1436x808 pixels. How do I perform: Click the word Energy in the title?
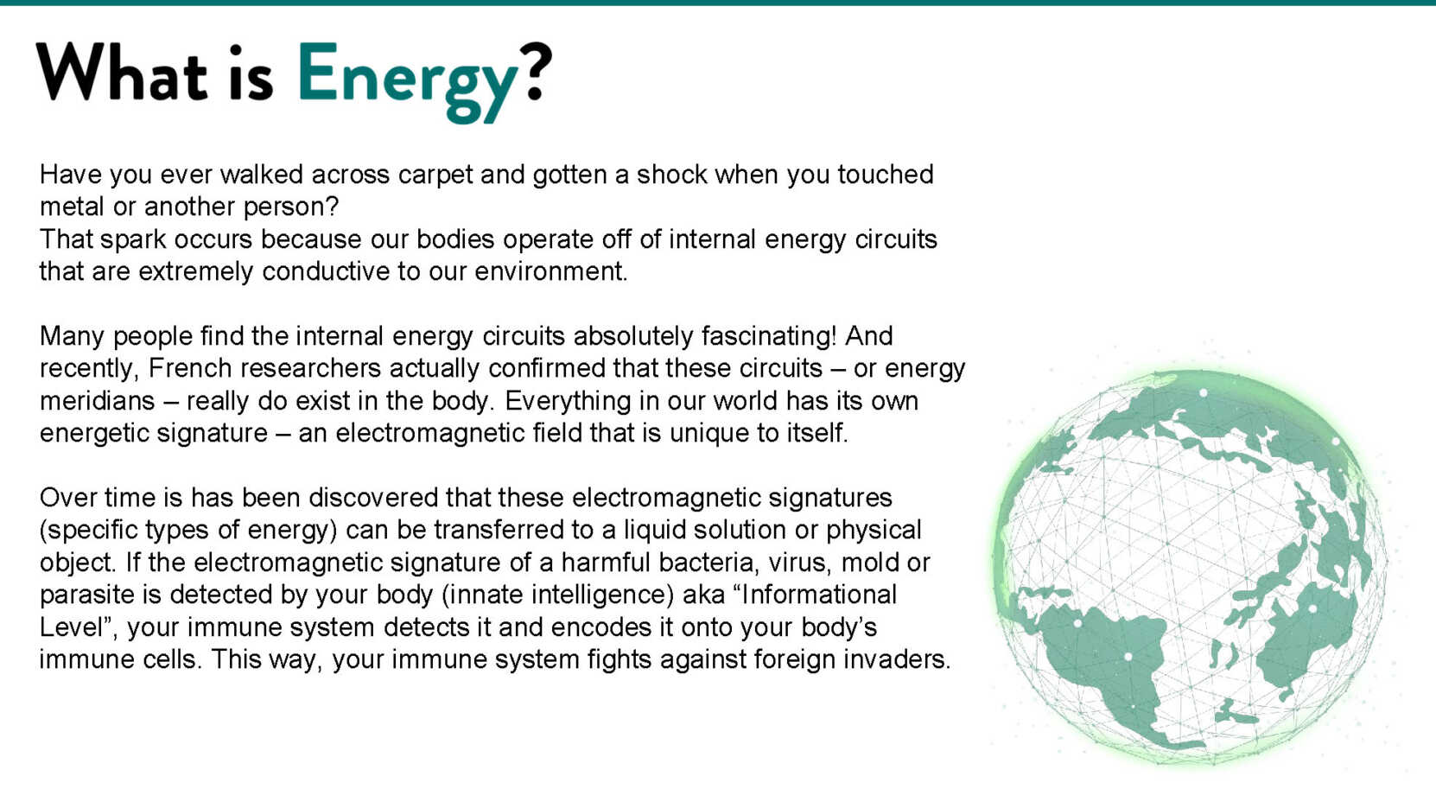click(407, 81)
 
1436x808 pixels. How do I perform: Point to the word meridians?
click(98, 401)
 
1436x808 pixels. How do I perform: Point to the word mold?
click(868, 563)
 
